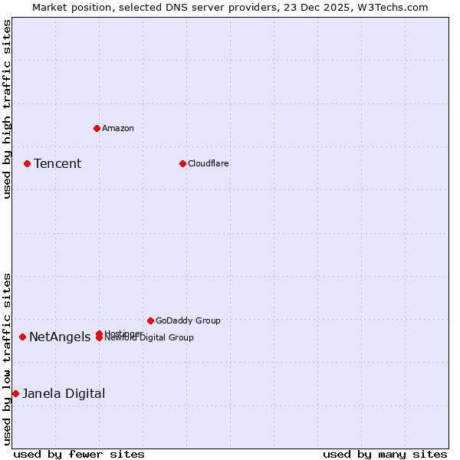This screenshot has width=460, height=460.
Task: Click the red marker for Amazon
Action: tap(97, 128)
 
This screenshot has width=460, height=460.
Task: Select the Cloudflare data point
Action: tap(182, 163)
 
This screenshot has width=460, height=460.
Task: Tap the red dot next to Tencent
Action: tap(27, 163)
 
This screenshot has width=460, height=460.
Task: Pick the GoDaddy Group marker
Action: tap(150, 320)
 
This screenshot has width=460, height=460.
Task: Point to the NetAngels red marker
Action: tap(23, 337)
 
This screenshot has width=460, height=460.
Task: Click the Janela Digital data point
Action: tap(15, 393)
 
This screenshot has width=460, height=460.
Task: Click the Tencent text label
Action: tap(58, 163)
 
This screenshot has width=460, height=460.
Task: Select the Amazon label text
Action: tap(118, 128)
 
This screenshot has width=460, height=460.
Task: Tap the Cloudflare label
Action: tap(209, 163)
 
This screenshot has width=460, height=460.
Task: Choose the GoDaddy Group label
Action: tap(188, 320)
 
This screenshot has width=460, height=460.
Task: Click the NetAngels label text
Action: tap(60, 337)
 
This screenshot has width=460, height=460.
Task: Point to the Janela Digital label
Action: tap(64, 393)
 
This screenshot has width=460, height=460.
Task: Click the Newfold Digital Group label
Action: tap(149, 338)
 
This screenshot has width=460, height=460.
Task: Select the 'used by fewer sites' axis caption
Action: tap(79, 454)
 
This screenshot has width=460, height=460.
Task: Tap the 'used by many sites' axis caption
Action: tap(385, 454)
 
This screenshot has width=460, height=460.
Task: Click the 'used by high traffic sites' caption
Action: tap(7, 109)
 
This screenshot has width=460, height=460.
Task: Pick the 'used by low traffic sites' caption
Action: tap(7, 359)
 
